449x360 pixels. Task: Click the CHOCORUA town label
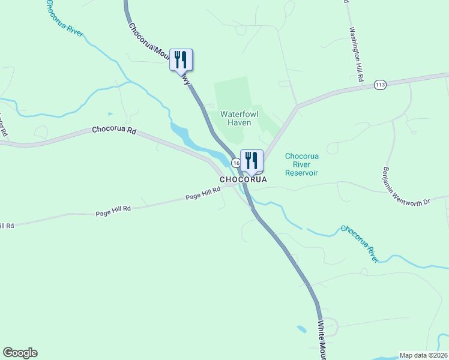pyautogui.click(x=243, y=179)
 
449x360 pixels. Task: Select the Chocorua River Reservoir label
pyautogui.click(x=301, y=164)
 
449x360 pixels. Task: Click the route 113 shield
pyautogui.click(x=379, y=85)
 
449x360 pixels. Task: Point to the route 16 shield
pyautogui.click(x=235, y=163)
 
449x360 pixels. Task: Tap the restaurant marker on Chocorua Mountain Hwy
pyautogui.click(x=181, y=60)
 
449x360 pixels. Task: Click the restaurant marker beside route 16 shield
pyautogui.click(x=252, y=161)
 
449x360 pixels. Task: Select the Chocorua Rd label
pyautogui.click(x=114, y=130)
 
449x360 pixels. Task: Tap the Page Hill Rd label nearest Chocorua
pyautogui.click(x=203, y=193)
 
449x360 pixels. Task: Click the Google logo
pyautogui.click(x=20, y=353)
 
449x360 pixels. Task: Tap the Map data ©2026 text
pyautogui.click(x=423, y=355)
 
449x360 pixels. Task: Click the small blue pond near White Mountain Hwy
pyautogui.click(x=300, y=328)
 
